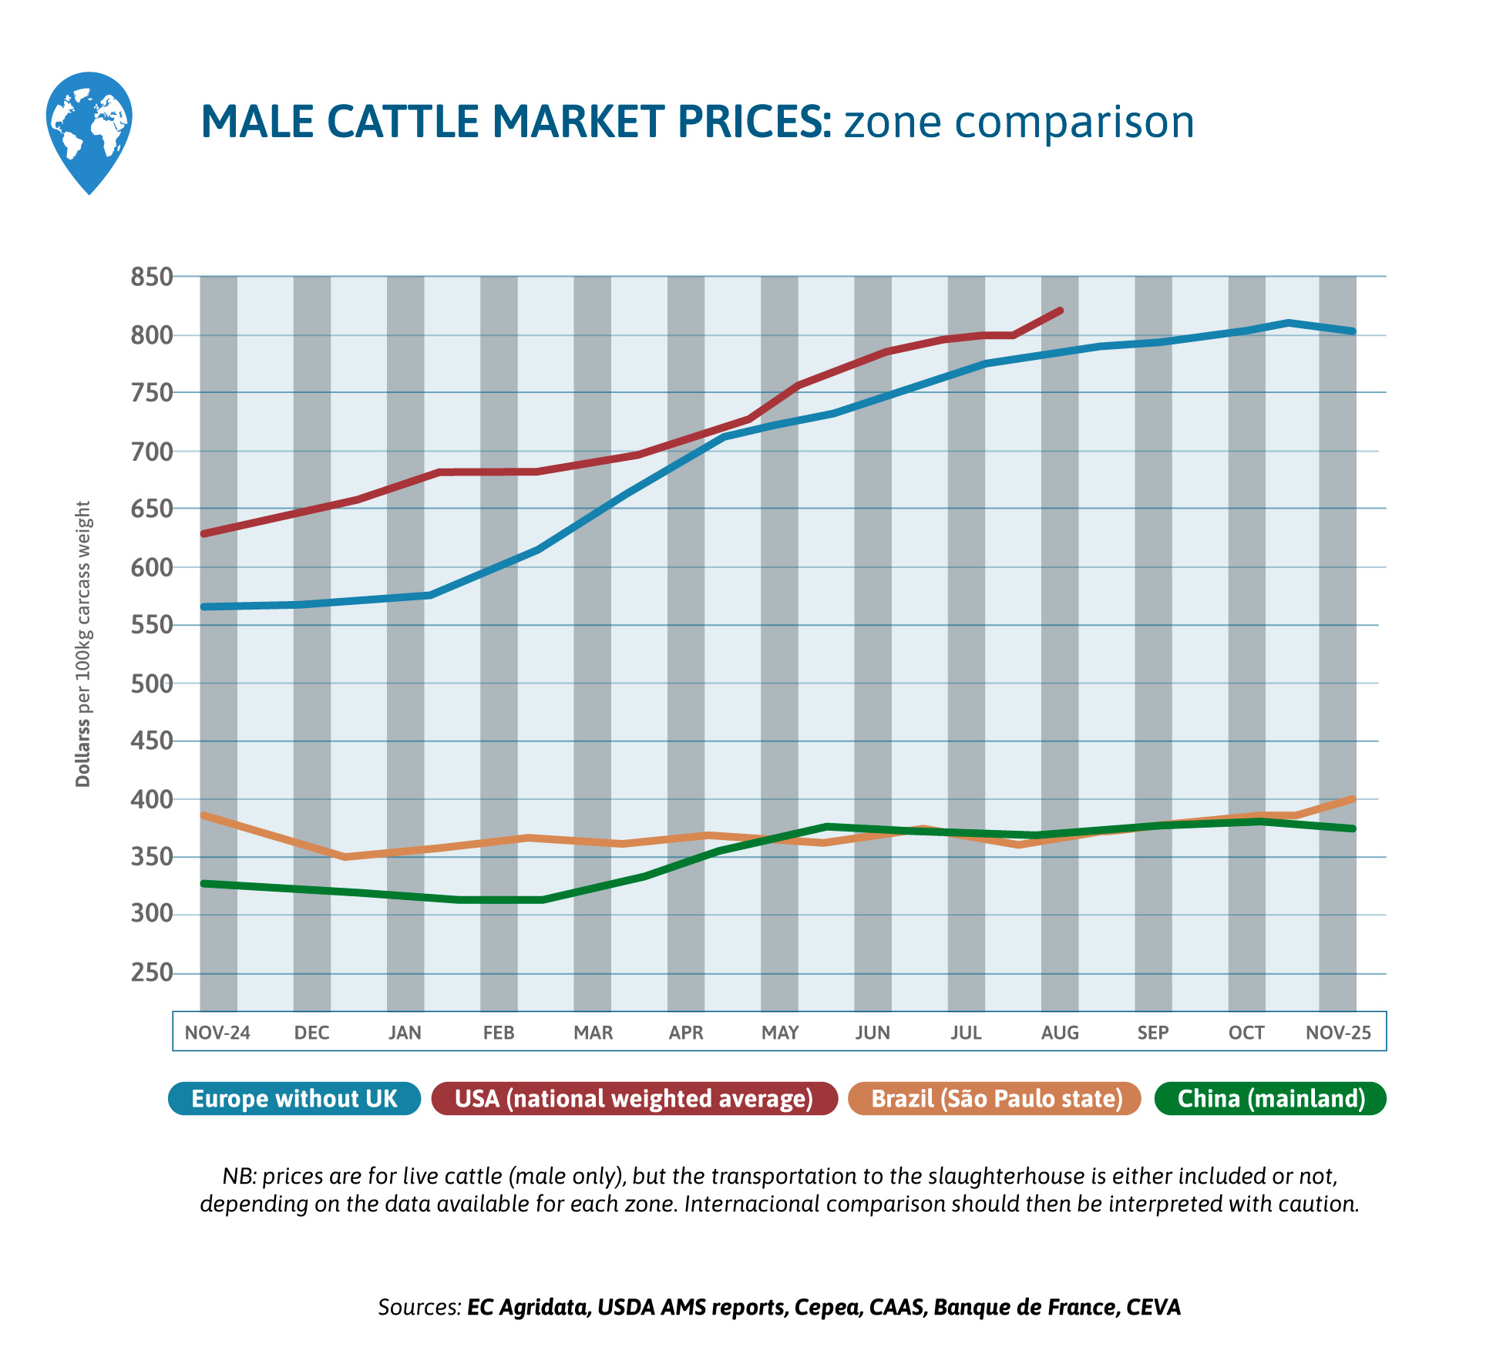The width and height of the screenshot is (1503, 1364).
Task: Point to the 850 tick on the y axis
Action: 151,277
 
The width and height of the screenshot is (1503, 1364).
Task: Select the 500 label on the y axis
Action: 151,684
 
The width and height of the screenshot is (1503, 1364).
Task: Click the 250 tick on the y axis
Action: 151,973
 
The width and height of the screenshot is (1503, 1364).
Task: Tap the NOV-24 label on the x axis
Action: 217,1033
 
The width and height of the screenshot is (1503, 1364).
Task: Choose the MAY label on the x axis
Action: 780,1033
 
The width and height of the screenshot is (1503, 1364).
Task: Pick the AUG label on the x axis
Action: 1060,1033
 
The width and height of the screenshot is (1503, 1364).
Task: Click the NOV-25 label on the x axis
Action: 1338,1033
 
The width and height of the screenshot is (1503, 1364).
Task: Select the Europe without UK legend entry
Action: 294,1099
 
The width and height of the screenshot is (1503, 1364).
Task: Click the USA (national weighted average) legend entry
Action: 634,1099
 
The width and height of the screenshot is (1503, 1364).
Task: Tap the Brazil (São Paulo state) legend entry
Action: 997,1099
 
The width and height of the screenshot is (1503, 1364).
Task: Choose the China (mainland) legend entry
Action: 1271,1099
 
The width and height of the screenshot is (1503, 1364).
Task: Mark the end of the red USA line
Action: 1061,311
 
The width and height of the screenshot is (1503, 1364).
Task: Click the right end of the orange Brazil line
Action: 1353,799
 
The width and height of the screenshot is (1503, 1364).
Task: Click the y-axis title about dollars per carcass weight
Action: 83,643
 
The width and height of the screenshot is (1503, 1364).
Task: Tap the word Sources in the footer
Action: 419,1307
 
